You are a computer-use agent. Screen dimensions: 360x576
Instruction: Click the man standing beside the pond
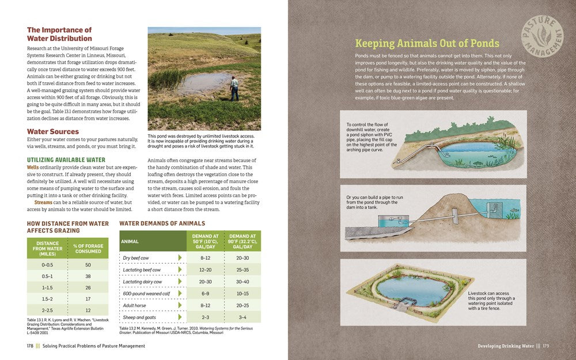[234, 88]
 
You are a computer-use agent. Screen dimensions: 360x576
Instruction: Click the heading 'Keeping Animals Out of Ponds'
[427, 43]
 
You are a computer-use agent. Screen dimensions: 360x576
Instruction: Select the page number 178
[29, 346]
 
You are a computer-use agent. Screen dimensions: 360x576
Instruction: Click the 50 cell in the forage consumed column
[88, 265]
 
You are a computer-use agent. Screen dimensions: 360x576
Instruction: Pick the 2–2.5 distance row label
[47, 310]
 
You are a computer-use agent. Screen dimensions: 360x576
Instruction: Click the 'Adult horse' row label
[134, 305]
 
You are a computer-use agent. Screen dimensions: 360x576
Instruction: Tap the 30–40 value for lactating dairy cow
[242, 282]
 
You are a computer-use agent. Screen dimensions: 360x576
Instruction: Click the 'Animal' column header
[130, 242]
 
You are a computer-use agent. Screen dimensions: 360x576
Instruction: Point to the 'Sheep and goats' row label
[139, 317]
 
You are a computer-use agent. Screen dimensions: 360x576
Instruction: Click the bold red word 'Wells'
[33, 167]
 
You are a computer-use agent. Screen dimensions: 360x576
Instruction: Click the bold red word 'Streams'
[43, 202]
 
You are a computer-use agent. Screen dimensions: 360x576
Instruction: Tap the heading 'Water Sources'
[52, 131]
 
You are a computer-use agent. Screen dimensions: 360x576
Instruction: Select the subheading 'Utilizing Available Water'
[66, 160]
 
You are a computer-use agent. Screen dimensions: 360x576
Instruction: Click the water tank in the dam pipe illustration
[385, 222]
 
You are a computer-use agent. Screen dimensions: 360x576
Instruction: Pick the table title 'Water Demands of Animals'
[162, 223]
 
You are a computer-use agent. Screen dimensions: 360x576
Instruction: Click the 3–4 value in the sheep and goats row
[242, 317]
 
